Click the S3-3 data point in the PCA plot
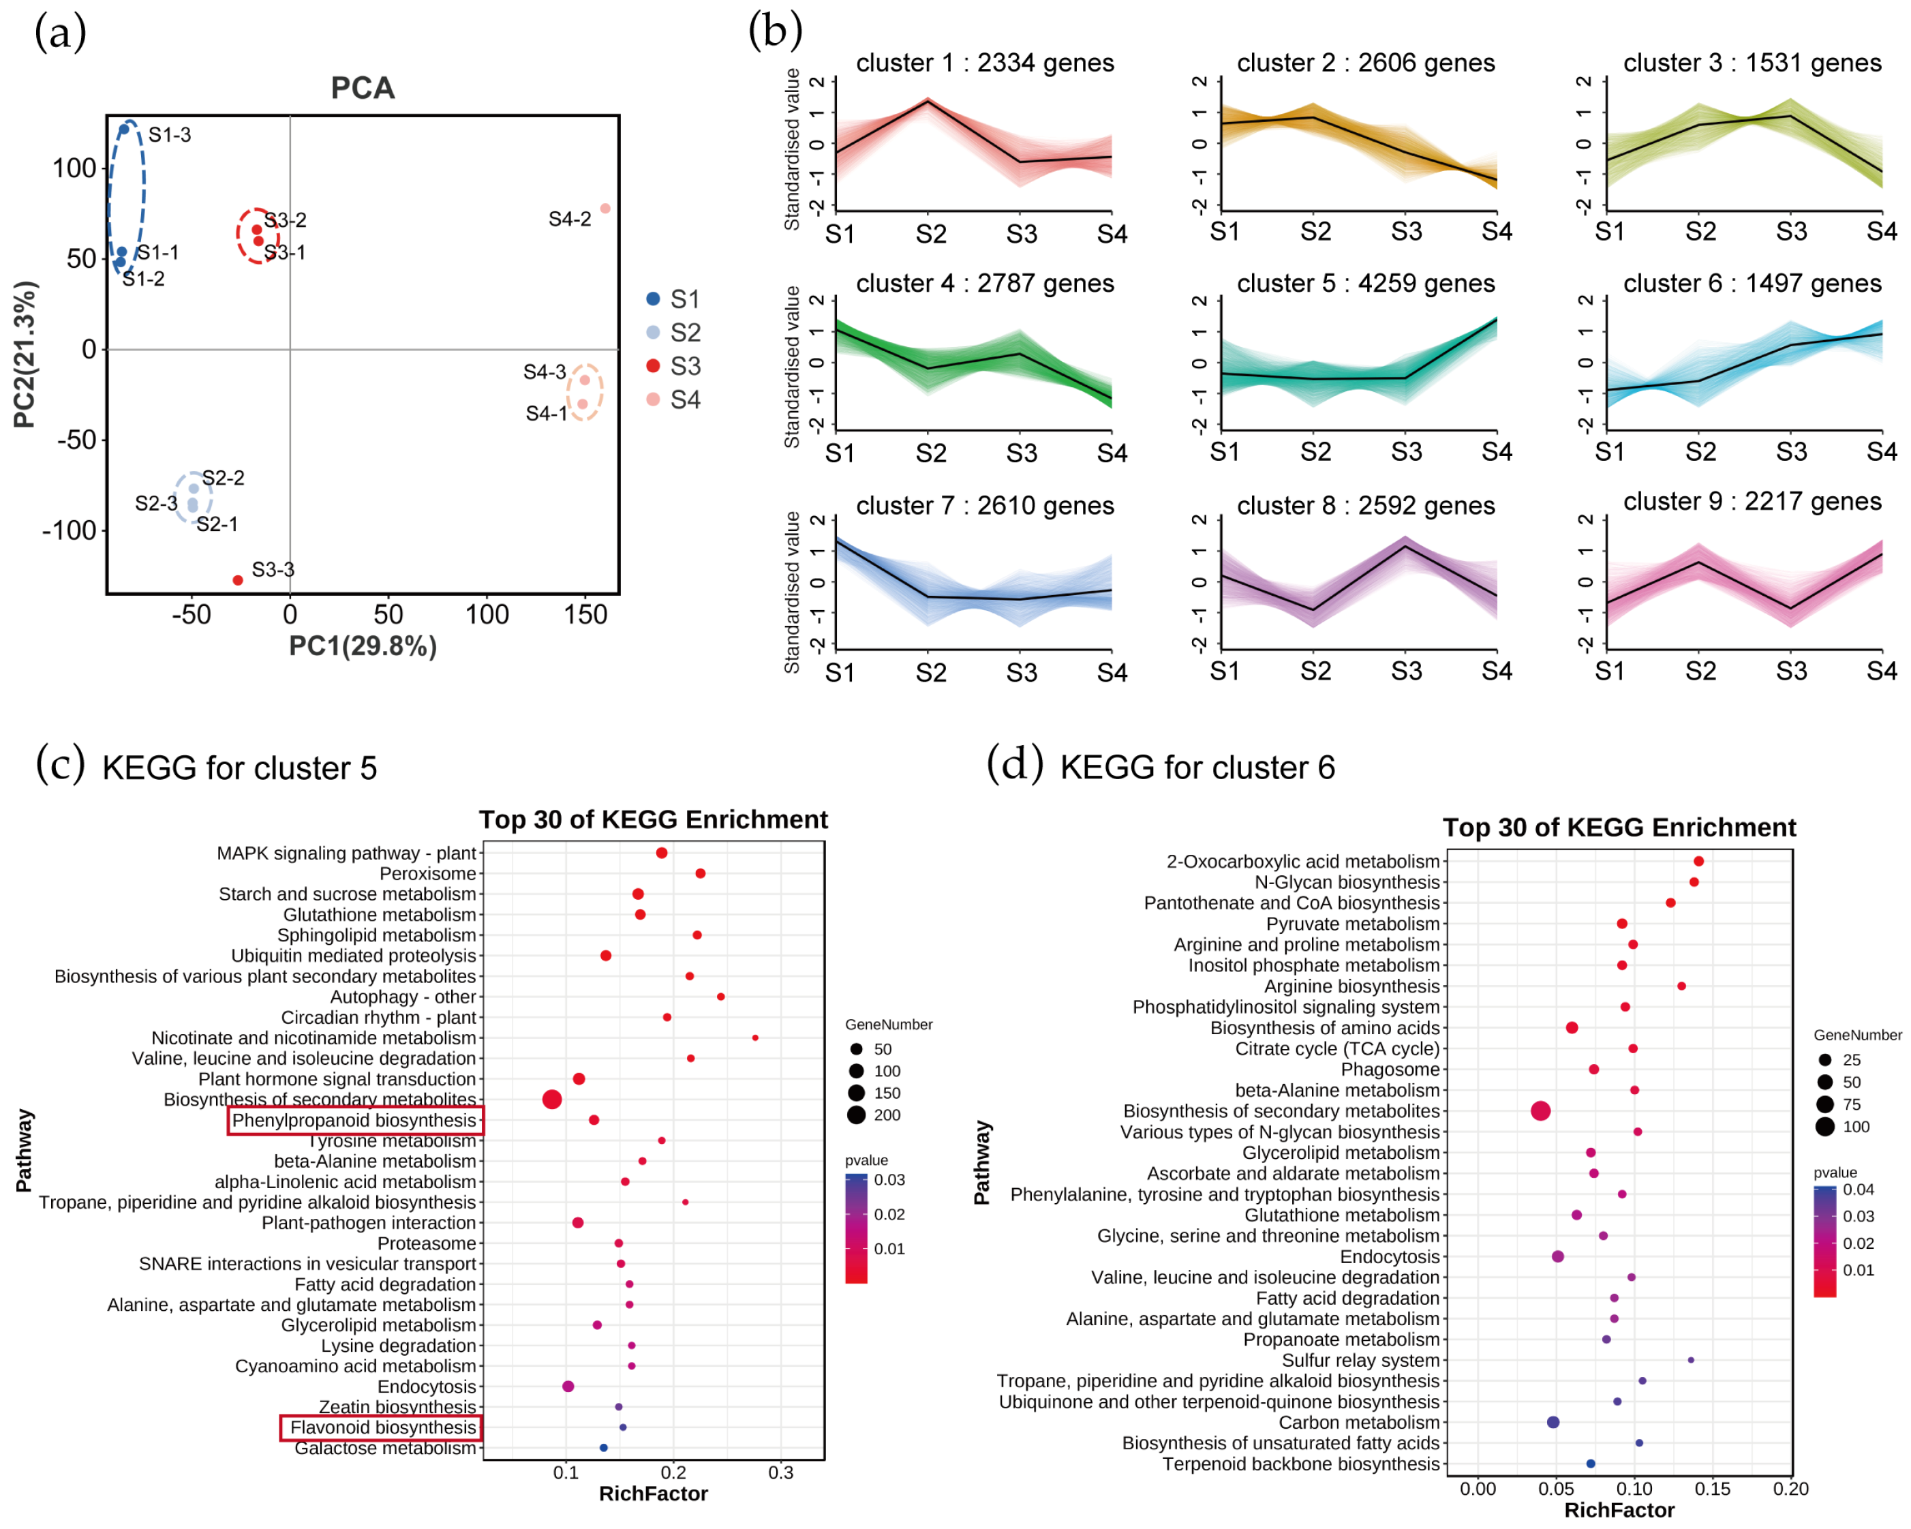point(238,581)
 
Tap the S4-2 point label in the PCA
point(569,219)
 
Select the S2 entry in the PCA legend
point(684,333)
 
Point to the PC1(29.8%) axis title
point(363,646)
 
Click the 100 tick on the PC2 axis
point(74,168)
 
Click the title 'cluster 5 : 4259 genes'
point(1365,284)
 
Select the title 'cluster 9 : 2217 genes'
point(1752,502)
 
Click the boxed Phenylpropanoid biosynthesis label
point(354,1121)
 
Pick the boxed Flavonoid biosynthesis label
point(382,1427)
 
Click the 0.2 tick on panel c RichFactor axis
point(673,1472)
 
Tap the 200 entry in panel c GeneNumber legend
point(887,1115)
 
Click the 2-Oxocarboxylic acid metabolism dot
point(1698,861)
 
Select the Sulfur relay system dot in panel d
point(1690,1360)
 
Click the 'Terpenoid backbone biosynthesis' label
point(1300,1464)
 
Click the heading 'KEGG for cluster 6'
point(1197,768)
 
